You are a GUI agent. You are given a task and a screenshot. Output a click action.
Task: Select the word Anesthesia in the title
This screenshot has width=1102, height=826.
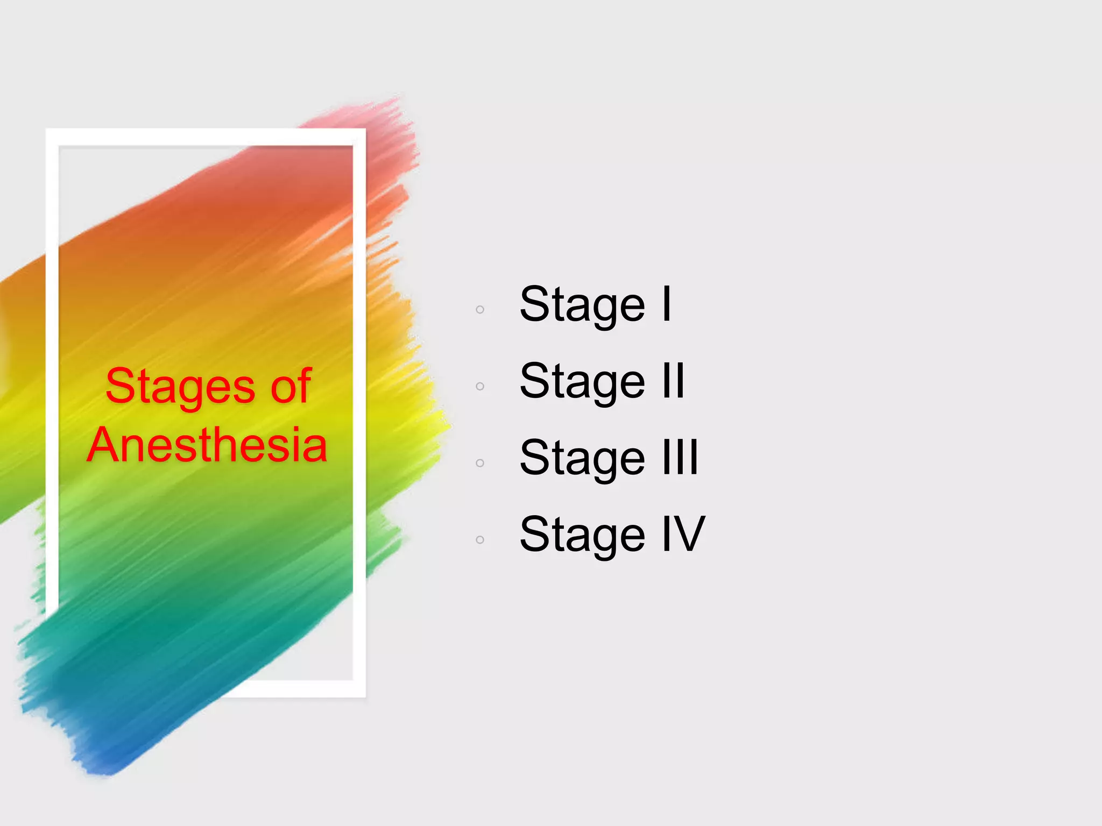207,445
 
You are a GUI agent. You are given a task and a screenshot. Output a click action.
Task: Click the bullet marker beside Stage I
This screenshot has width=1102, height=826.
480,309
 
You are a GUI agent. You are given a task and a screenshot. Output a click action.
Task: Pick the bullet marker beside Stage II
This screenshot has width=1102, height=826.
480,386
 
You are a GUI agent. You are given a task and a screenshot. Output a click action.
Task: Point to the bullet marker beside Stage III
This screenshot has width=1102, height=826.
480,463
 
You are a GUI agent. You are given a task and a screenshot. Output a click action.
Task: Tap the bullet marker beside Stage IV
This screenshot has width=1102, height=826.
480,539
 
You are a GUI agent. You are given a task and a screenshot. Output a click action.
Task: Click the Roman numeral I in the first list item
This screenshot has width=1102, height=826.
667,304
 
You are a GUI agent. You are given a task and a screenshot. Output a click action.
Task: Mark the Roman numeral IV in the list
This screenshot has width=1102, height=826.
683,533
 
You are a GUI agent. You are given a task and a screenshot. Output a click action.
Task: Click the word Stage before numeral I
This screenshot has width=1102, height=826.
582,305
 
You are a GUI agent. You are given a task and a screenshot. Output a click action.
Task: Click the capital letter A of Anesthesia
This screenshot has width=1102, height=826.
104,445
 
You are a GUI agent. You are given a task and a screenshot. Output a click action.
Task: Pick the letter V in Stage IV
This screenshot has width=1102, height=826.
691,533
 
